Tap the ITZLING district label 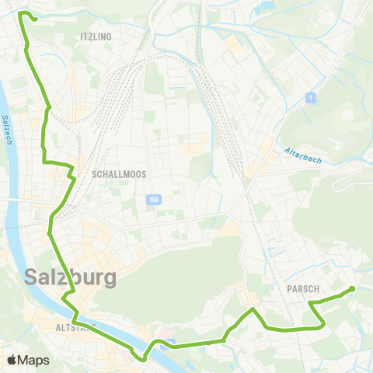coord(96,37)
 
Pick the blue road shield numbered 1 coord(310,98)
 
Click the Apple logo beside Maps coord(12,360)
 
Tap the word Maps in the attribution coord(33,360)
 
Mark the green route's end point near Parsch coord(353,289)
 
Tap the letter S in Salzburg coord(33,277)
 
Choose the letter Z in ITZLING coord(90,37)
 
